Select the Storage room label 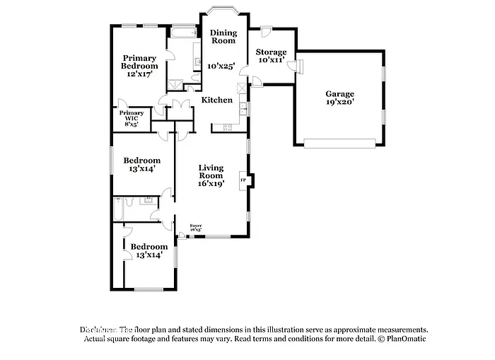click(271, 52)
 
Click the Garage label click(339, 94)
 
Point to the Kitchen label click(217, 100)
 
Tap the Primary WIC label click(132, 113)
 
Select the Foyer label click(196, 226)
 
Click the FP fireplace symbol click(244, 180)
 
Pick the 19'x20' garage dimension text click(339, 102)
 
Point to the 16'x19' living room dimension click(211, 183)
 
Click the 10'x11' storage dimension click(271, 61)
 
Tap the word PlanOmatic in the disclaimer click(406, 339)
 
